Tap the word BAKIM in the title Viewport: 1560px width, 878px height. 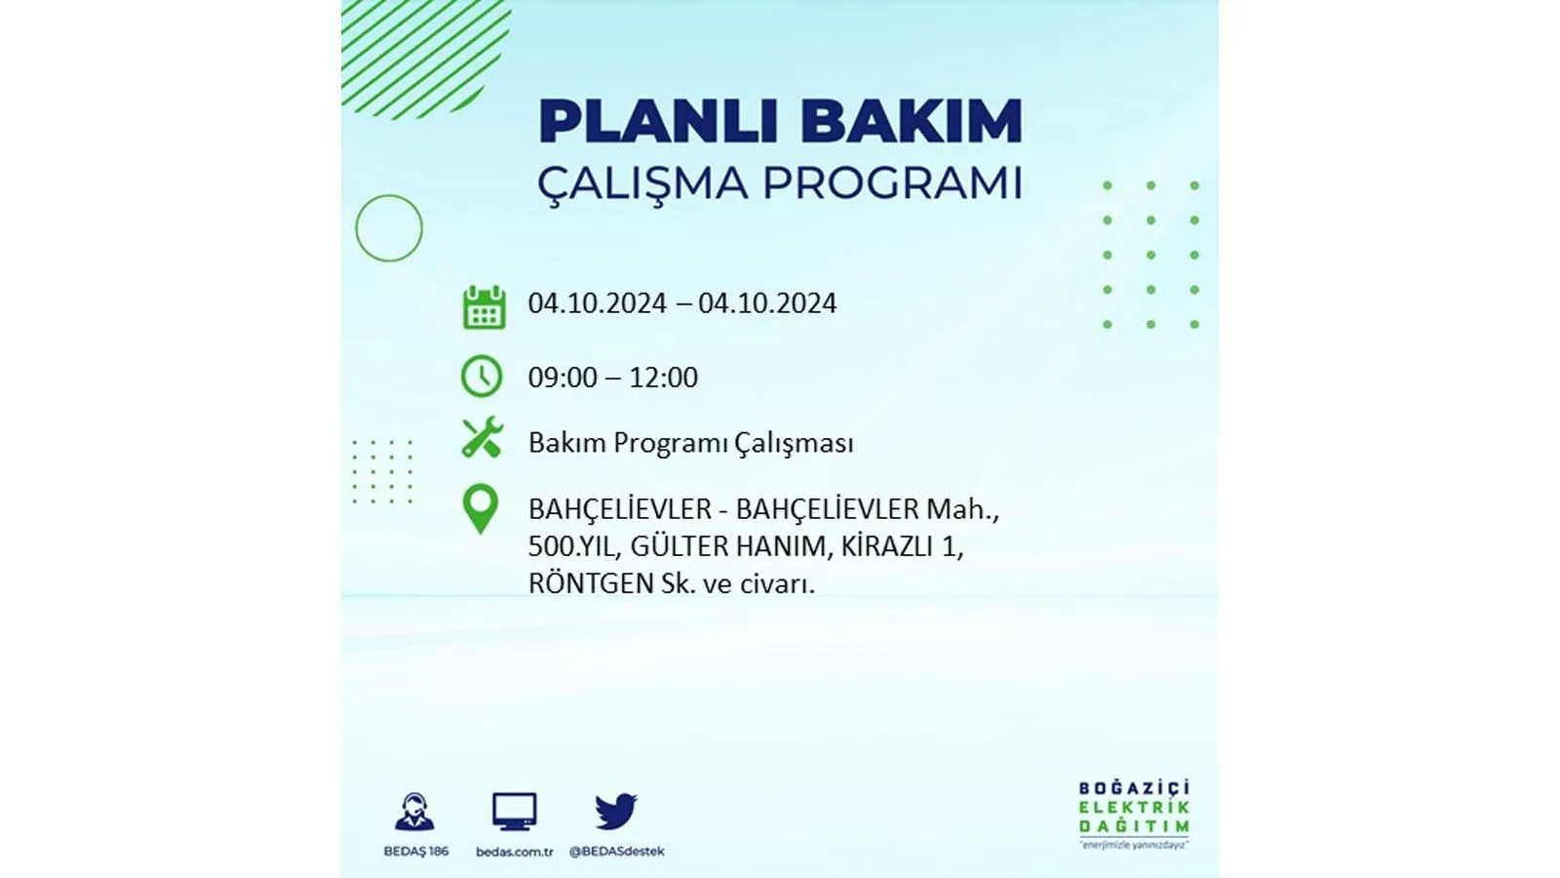point(912,122)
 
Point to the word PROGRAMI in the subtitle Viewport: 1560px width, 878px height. point(893,182)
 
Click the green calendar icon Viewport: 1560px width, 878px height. point(484,306)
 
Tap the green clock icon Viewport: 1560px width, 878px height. point(482,377)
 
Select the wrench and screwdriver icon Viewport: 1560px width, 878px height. point(482,437)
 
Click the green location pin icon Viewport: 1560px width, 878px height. point(481,509)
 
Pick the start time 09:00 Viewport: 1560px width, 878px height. point(562,378)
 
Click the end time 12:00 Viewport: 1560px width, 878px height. point(663,378)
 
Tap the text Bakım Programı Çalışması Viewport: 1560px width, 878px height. point(691,444)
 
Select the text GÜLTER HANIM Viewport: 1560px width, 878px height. point(727,547)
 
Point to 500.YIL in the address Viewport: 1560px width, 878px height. point(572,547)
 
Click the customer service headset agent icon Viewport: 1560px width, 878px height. point(414,812)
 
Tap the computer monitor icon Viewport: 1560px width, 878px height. point(515,812)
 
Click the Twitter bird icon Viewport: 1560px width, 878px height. point(616,811)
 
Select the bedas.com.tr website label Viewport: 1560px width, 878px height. point(515,852)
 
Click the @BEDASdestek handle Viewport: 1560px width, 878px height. point(617,852)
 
